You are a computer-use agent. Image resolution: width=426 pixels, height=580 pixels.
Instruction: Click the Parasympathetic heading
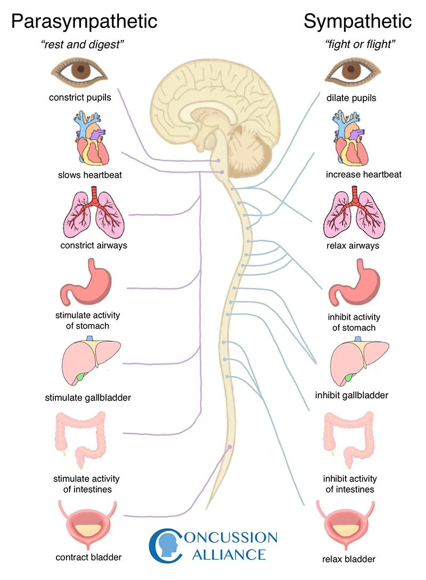click(x=84, y=21)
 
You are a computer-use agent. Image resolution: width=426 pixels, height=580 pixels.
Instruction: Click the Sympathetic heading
click(x=357, y=21)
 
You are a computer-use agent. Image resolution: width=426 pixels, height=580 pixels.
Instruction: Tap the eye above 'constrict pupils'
click(x=79, y=75)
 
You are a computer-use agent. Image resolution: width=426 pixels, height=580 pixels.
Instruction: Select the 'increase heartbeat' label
click(x=364, y=175)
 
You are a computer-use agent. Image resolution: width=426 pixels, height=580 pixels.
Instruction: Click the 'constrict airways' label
click(x=94, y=246)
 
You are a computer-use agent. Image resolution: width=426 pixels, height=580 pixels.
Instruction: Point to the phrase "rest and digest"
click(x=83, y=45)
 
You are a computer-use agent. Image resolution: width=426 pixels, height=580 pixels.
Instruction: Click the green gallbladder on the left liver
click(x=80, y=378)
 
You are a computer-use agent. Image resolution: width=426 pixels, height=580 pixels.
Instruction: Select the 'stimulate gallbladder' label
click(x=88, y=397)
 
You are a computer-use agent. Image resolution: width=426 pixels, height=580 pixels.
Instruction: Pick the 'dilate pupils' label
click(x=351, y=98)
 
